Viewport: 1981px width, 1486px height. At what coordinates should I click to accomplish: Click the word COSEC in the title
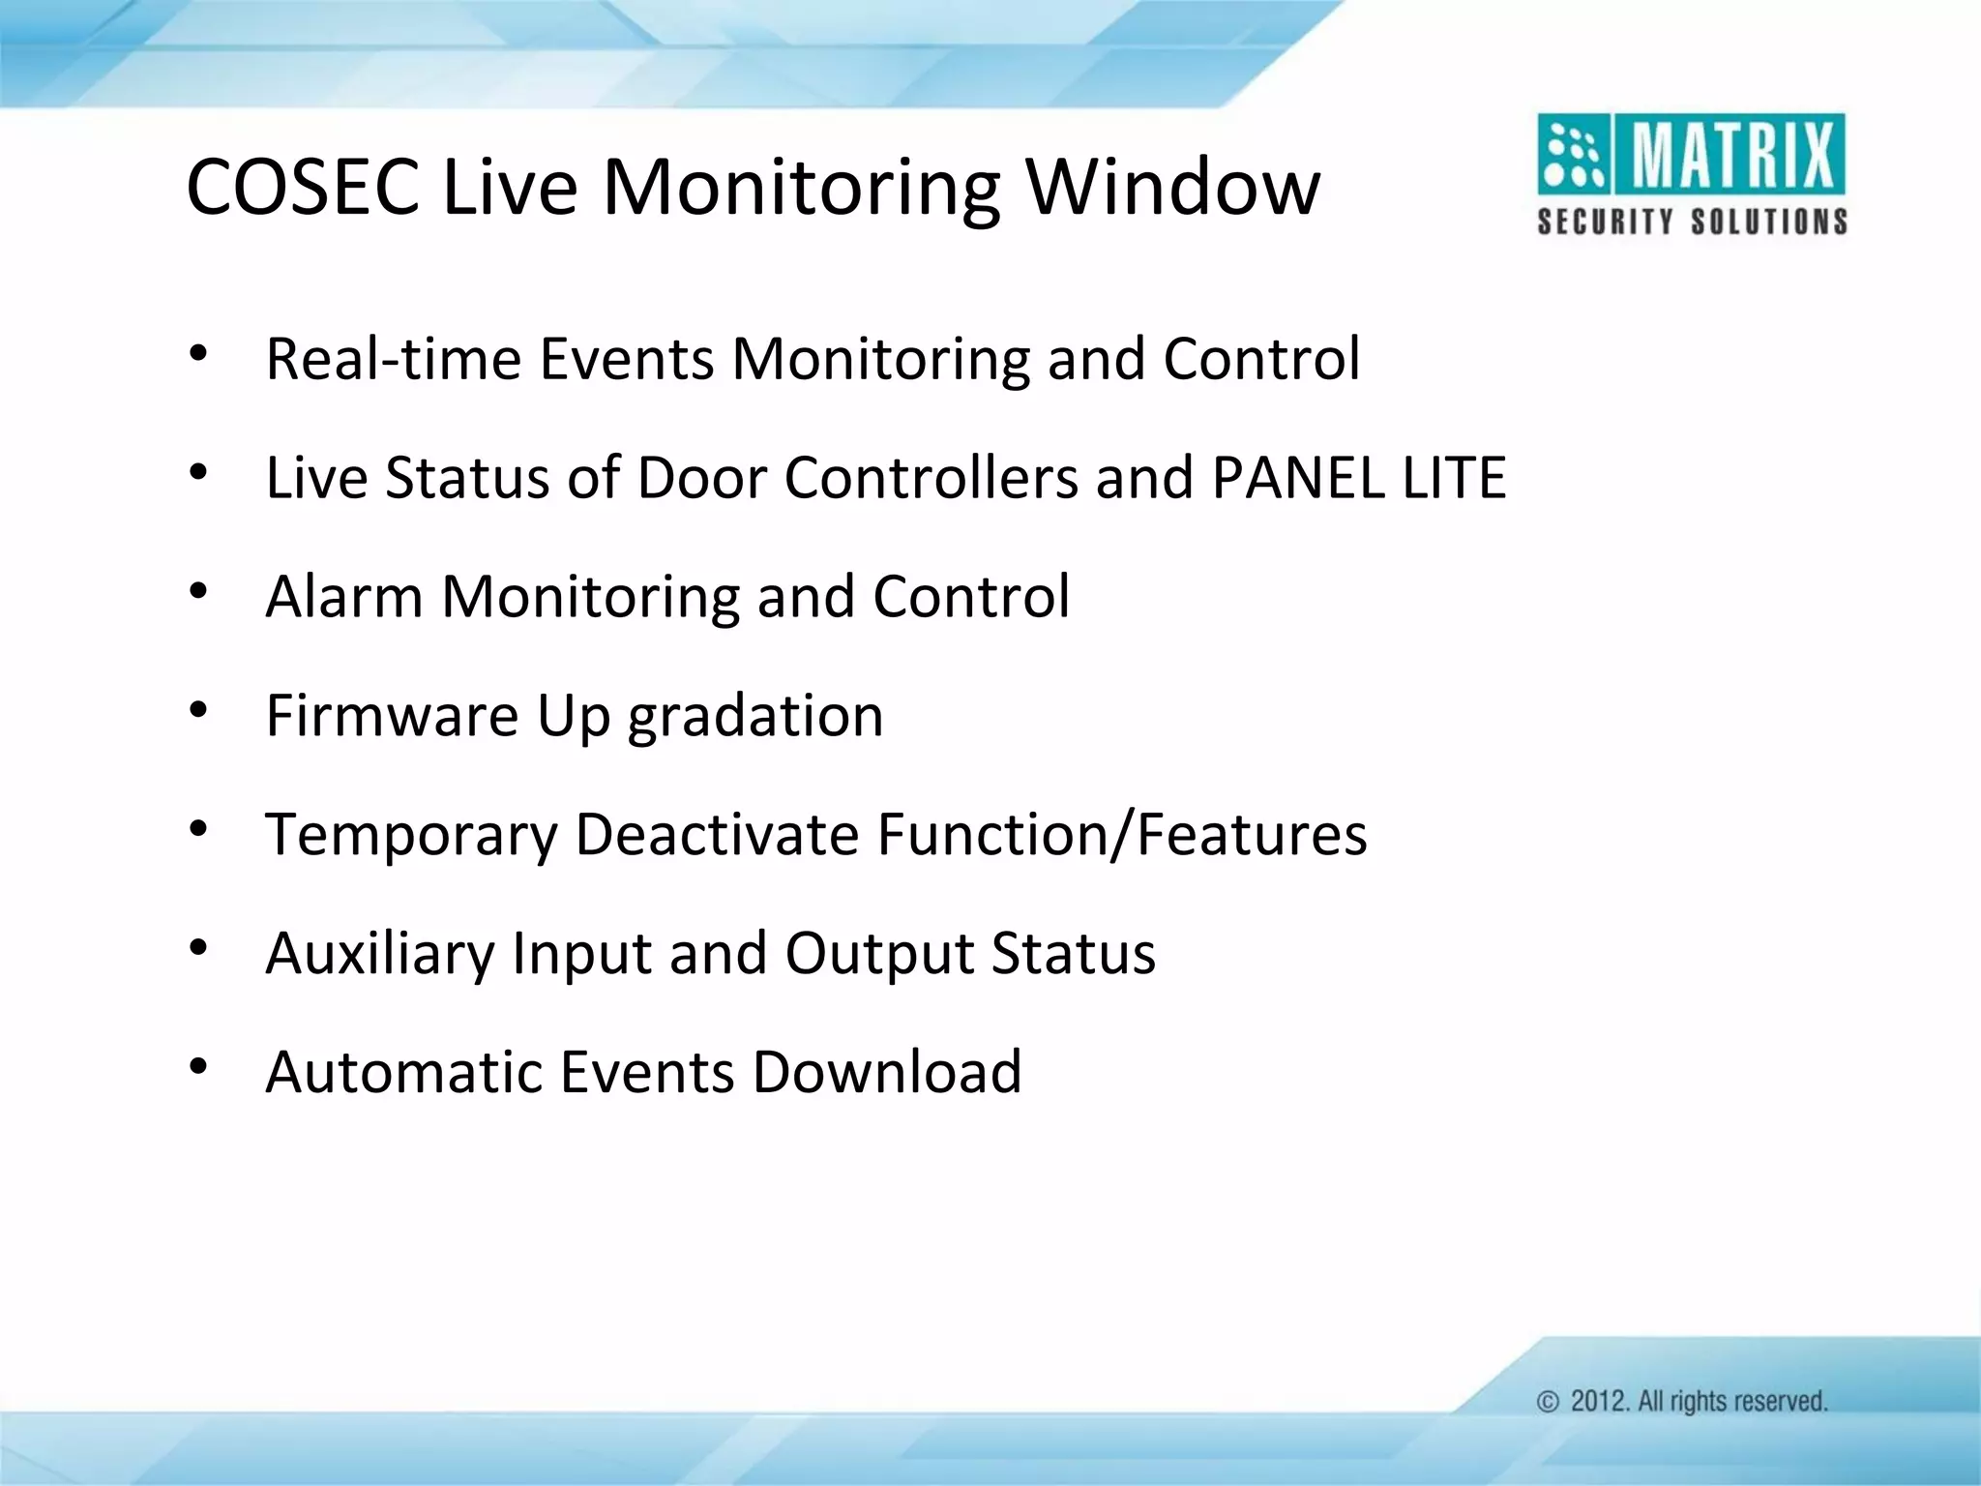pyautogui.click(x=303, y=186)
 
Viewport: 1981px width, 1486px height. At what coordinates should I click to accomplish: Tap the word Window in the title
pyautogui.click(x=1172, y=186)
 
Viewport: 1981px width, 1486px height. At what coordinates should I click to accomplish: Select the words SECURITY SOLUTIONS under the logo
pyautogui.click(x=1692, y=222)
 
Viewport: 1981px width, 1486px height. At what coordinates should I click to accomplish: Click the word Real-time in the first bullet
pyautogui.click(x=393, y=359)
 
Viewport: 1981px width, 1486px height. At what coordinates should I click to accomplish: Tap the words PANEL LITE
pyautogui.click(x=1358, y=478)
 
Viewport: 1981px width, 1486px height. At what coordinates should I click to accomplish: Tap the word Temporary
pyautogui.click(x=411, y=835)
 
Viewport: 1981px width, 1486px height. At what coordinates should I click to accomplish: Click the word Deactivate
pyautogui.click(x=717, y=834)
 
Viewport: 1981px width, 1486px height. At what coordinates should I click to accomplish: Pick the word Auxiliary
pyautogui.click(x=378, y=954)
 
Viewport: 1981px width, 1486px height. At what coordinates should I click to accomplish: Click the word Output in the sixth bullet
pyautogui.click(x=879, y=954)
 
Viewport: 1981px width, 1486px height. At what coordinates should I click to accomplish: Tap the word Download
pyautogui.click(x=887, y=1072)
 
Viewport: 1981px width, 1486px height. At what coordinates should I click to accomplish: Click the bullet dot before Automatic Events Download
pyautogui.click(x=198, y=1067)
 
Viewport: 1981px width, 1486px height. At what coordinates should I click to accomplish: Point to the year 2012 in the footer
pyautogui.click(x=1598, y=1401)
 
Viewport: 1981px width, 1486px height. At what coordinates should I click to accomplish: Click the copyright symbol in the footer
pyautogui.click(x=1548, y=1402)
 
